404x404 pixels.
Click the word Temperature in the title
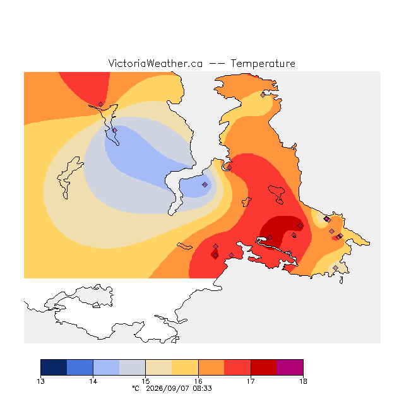(263, 63)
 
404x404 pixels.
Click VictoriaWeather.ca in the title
(155, 63)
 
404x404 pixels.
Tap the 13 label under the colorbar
(40, 381)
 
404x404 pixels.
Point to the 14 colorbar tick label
(93, 381)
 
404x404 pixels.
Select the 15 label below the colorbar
(146, 381)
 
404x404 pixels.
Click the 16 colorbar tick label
(198, 381)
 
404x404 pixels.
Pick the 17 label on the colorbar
(251, 381)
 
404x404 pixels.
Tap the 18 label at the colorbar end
(303, 381)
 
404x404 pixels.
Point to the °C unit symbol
(136, 388)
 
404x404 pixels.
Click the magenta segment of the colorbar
(290, 367)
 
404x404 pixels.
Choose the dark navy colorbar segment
(54, 367)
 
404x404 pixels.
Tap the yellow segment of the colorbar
(185, 367)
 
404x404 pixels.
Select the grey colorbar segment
(133, 367)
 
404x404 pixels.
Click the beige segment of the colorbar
(158, 367)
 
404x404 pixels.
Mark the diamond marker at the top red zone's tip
(100, 104)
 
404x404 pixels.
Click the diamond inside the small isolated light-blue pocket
(205, 184)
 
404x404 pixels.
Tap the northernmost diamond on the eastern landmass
(263, 95)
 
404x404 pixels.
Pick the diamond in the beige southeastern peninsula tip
(335, 268)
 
